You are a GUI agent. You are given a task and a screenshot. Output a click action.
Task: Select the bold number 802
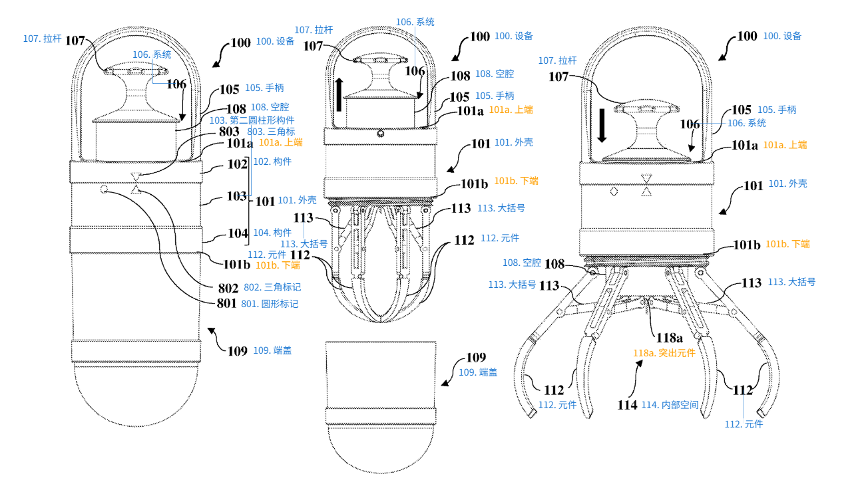228,288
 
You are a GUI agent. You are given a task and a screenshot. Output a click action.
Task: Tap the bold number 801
228,304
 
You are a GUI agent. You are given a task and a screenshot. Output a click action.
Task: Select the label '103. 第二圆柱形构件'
252,120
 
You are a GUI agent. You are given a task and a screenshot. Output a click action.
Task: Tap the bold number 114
627,404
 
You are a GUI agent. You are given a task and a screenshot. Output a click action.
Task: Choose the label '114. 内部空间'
670,404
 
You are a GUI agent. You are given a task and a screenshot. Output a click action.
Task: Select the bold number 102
237,163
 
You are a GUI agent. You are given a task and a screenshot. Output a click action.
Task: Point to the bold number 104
237,233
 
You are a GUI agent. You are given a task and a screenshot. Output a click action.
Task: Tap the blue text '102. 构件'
273,162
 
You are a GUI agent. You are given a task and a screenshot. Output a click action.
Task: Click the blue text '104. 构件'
273,233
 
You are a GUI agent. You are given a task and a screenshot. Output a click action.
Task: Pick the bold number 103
237,196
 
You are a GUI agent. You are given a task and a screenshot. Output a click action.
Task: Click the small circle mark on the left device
105,189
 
